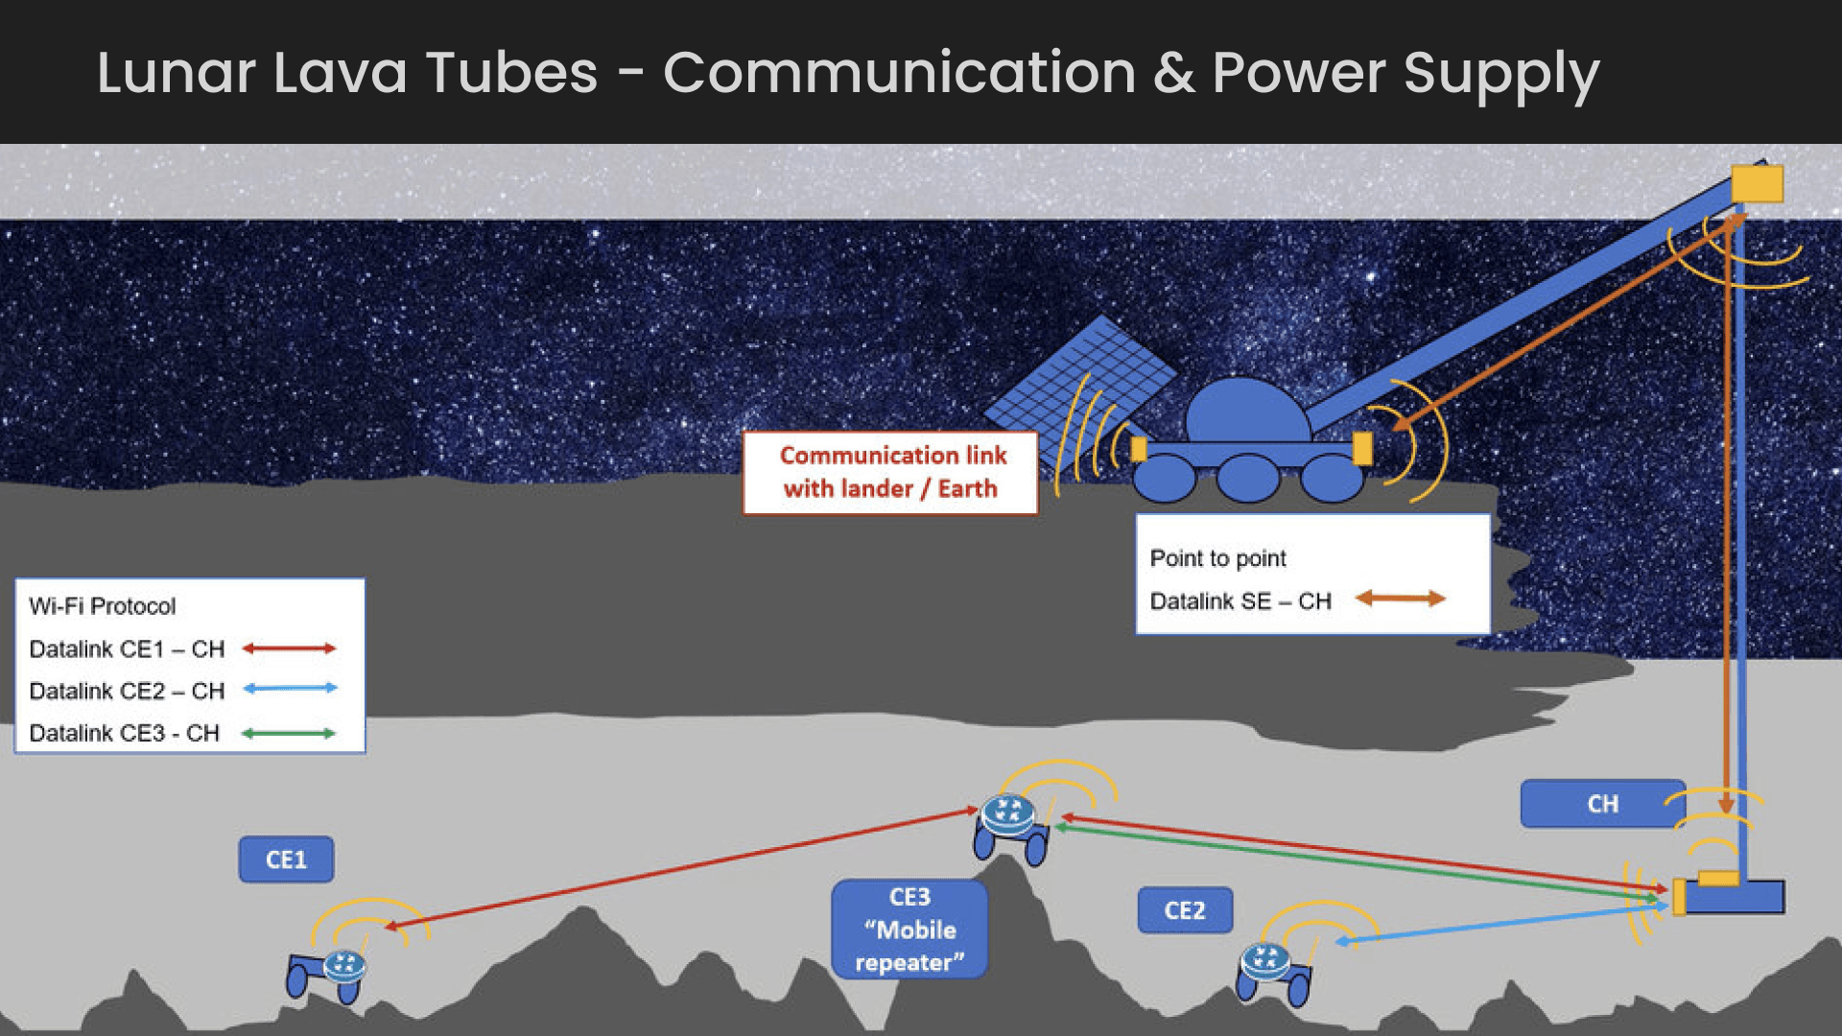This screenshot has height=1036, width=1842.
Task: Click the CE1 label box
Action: click(286, 859)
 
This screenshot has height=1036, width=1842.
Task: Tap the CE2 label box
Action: click(1185, 910)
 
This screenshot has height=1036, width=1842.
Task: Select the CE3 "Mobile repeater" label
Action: click(909, 930)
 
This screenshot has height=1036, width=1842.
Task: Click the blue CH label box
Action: click(1602, 804)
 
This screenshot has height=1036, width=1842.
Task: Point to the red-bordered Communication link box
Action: click(890, 473)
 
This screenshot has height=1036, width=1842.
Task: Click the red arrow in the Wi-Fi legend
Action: click(289, 648)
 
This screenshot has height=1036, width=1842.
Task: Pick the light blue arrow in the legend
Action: click(290, 689)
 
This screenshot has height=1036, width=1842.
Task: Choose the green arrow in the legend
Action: click(288, 734)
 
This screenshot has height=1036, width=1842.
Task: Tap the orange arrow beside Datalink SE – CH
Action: click(1400, 599)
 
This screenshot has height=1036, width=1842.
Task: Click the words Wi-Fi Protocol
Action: click(103, 606)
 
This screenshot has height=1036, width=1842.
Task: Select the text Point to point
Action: click(1217, 558)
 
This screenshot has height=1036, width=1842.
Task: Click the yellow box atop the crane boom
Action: click(1757, 183)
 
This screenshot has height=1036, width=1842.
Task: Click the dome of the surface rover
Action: click(1245, 411)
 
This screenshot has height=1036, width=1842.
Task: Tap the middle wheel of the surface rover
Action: click(1247, 478)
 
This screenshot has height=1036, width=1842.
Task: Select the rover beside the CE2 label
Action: click(1273, 972)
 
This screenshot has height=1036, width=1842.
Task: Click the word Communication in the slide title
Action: click(899, 73)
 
